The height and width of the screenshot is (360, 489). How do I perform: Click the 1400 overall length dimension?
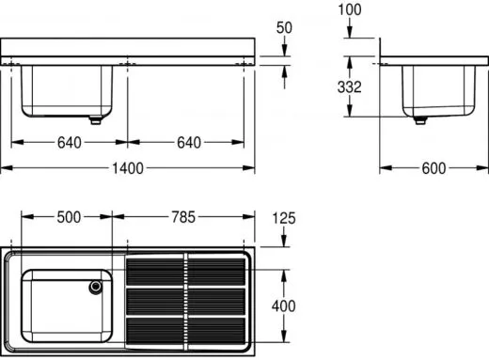(128, 169)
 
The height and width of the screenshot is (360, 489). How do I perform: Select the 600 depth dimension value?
(433, 169)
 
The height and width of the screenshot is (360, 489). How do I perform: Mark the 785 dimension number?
(182, 217)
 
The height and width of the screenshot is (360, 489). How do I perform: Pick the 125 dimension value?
(283, 218)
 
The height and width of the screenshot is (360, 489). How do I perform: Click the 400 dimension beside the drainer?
(283, 305)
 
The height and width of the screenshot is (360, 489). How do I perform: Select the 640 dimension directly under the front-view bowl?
(69, 144)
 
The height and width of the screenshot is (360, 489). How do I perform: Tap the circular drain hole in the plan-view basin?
(95, 287)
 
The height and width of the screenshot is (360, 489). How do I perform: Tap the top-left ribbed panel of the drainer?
(155, 271)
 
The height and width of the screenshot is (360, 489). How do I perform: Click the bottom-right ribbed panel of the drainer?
(215, 331)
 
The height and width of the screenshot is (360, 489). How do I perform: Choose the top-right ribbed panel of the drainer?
(215, 271)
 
